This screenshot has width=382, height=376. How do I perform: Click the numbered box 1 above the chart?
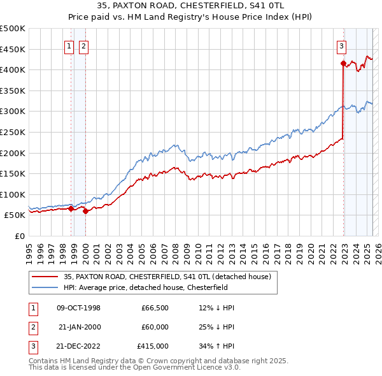68,45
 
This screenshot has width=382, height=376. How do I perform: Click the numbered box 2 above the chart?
83,45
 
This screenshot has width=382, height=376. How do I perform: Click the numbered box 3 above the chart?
341,45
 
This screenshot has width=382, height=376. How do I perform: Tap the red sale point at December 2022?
343,63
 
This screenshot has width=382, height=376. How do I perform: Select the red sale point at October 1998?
71,208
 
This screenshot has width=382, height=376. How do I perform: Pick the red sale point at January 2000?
85,211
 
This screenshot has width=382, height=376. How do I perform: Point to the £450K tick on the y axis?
12,49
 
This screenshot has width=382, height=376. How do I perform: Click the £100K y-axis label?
12,194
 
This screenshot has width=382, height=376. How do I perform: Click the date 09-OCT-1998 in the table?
79,308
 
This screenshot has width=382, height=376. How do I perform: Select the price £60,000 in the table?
155,327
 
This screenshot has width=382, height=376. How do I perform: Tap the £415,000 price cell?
153,346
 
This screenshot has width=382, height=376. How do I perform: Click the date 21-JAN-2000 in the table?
79,327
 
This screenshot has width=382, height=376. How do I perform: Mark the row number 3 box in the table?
31,346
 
